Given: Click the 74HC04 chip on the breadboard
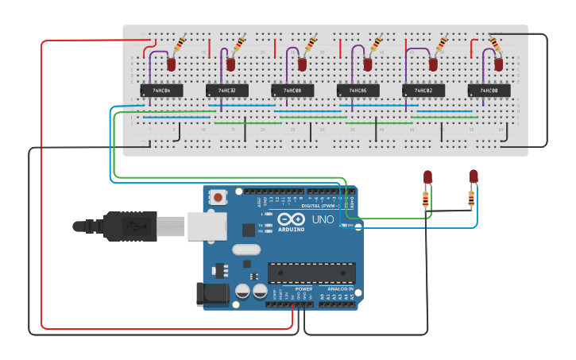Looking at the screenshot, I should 161,91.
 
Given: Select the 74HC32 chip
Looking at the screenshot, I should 226,91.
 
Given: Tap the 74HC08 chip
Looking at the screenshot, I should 292,91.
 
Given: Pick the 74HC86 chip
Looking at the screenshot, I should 358,91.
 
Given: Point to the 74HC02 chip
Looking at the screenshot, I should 423,91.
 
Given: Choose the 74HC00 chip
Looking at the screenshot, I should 489,91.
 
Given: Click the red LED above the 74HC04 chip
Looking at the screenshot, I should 171,64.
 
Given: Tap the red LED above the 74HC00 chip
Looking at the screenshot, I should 499,64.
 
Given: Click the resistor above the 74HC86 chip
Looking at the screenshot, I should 376,43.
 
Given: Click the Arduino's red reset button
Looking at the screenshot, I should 218,196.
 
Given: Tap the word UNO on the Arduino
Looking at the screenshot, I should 323,219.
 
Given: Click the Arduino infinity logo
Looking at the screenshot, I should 291,220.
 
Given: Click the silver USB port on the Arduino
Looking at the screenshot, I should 207,225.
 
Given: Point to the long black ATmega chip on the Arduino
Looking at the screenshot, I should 311,273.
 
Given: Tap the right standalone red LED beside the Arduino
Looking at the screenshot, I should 474,176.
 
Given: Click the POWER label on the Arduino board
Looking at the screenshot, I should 304,288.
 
